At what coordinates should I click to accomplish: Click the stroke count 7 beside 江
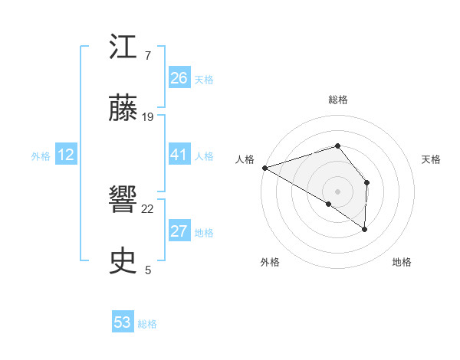(147, 56)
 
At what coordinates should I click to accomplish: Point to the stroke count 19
(148, 117)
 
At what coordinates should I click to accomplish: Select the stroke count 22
(148, 209)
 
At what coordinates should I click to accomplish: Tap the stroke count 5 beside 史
(148, 270)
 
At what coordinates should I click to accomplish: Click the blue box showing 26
(179, 77)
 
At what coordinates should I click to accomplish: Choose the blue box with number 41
(179, 155)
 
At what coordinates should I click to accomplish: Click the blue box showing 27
(179, 231)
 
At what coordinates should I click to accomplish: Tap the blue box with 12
(66, 155)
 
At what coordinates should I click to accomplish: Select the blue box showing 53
(123, 322)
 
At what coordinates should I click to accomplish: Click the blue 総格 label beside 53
(147, 324)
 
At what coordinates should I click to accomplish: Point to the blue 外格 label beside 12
(41, 156)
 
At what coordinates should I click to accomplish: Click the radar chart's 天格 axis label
(432, 159)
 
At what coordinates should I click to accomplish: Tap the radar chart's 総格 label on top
(338, 100)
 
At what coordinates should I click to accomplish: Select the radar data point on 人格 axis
(264, 167)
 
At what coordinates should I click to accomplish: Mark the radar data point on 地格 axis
(365, 228)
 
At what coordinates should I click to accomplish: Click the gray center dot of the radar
(337, 191)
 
